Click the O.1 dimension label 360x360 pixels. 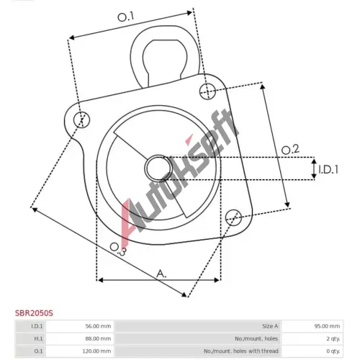pyautogui.click(x=125, y=17)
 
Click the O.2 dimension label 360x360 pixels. pyautogui.click(x=290, y=150)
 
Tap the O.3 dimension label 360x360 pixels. pyautogui.click(x=118, y=249)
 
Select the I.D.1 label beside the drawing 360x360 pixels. pyautogui.click(x=328, y=170)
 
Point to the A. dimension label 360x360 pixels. pyautogui.click(x=161, y=274)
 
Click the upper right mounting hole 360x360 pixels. pyautogui.click(x=207, y=91)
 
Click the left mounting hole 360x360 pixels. pyautogui.click(x=82, y=120)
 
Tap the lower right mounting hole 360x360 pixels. pyautogui.click(x=233, y=217)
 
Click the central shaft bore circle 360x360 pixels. pyautogui.click(x=158, y=168)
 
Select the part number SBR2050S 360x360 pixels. pyautogui.click(x=34, y=313)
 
